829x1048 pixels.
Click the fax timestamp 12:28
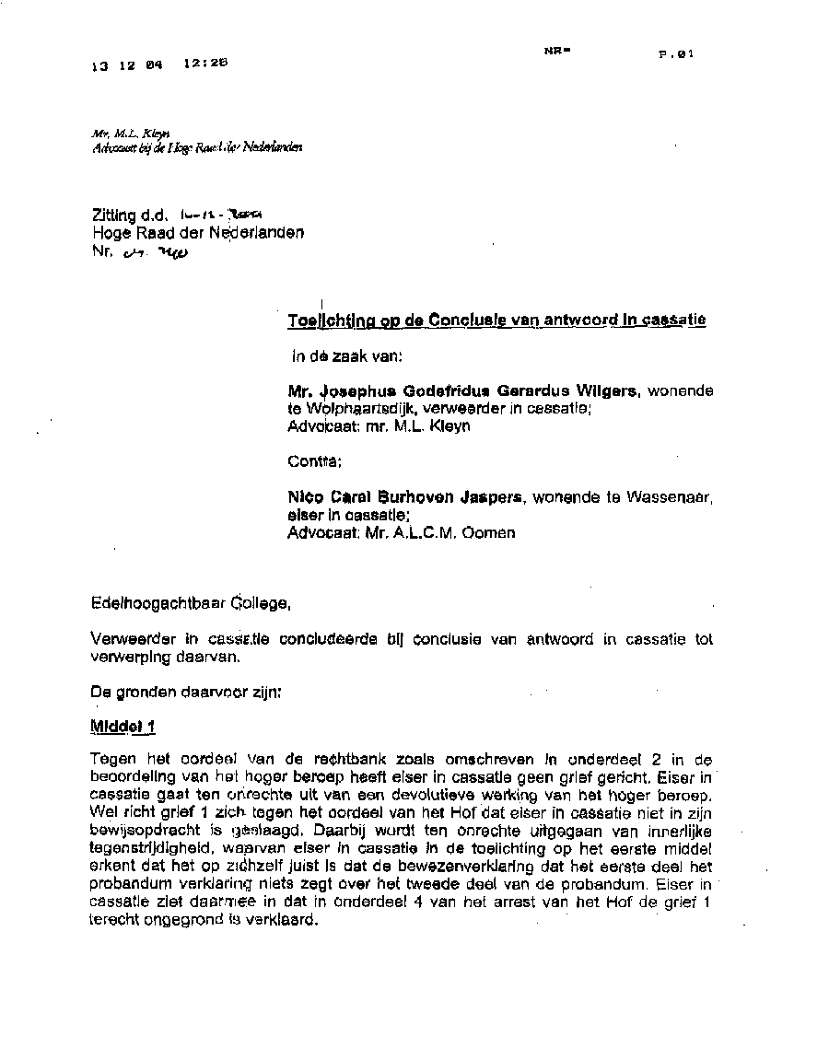tap(204, 64)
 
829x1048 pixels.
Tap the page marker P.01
tap(675, 54)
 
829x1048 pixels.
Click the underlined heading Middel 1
tap(123, 727)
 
